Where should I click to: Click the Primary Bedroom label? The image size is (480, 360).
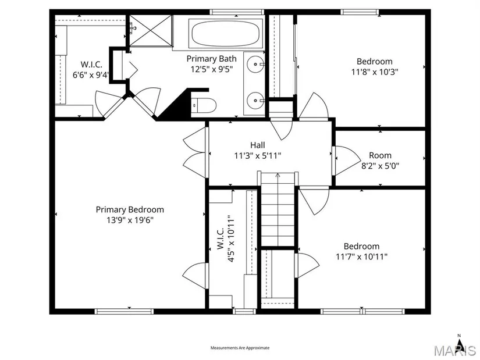point(130,210)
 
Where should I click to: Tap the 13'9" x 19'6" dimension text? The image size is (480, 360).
point(130,220)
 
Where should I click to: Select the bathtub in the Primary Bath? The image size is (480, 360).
point(226,33)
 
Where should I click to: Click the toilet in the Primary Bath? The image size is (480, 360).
point(204,105)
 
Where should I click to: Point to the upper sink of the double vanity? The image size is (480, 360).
point(255,65)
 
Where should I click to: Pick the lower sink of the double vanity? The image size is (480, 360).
point(255,100)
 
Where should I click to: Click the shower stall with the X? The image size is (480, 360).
point(150,31)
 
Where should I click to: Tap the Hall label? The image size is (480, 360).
point(257,145)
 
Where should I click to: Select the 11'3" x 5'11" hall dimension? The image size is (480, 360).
point(257,156)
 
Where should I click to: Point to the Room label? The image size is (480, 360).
point(380,155)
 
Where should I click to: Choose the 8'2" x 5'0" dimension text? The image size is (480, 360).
point(380,166)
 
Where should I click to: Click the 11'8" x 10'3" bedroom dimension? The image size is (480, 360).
point(375,72)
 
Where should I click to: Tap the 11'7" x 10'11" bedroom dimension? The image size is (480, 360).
point(361,256)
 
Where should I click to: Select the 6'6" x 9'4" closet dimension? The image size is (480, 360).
point(91,75)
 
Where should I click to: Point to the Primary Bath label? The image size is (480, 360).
point(212,59)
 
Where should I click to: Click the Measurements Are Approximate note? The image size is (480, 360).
point(240,348)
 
